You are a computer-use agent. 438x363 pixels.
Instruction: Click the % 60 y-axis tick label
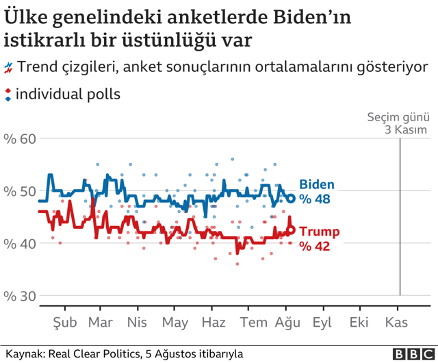18,139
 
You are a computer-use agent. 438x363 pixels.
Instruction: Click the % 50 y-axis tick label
18,191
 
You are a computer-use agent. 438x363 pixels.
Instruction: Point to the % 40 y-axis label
18,243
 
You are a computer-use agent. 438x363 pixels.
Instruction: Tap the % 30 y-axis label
18,296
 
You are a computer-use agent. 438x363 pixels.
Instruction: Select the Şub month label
66,323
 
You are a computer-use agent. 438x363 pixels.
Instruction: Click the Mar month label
101,323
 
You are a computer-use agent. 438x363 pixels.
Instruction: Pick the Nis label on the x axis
138,323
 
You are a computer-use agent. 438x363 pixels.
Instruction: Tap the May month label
175,323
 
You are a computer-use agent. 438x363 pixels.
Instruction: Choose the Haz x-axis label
213,323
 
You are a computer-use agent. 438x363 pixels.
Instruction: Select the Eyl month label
322,323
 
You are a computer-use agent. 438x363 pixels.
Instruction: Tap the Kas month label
397,323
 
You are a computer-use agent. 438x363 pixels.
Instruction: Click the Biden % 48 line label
316,192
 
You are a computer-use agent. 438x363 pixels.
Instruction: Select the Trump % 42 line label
318,239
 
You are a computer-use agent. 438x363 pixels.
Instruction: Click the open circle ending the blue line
290,199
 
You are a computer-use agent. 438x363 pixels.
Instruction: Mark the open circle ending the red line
290,231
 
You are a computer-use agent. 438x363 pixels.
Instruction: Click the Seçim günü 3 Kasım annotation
397,123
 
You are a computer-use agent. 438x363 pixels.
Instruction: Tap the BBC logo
413,353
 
